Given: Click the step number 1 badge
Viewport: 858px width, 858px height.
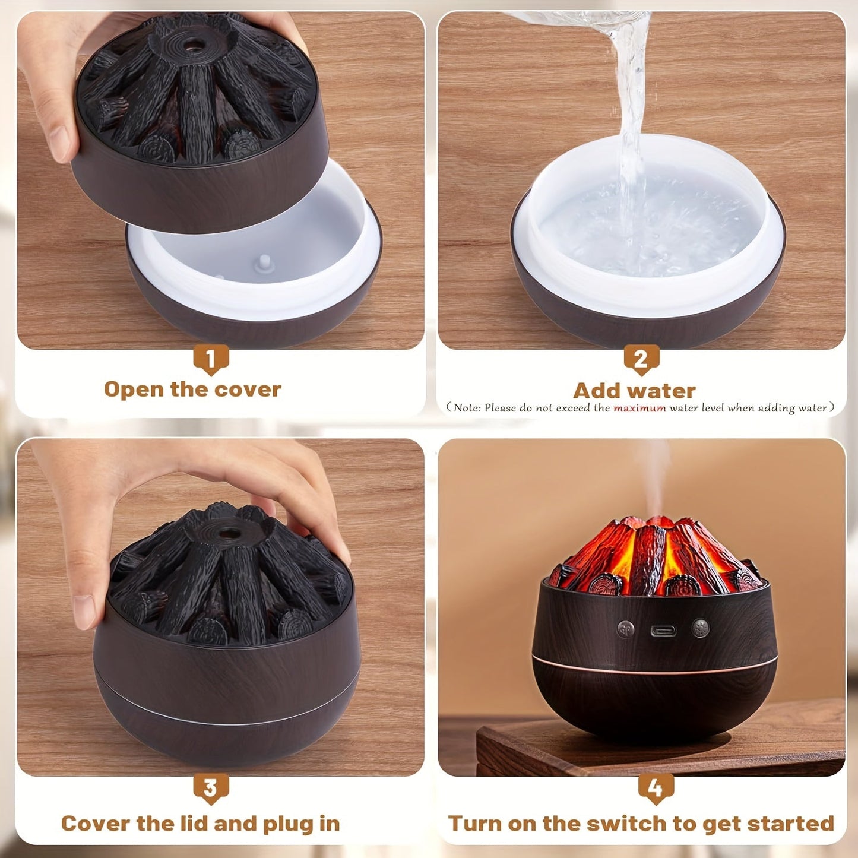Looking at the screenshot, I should (210, 359).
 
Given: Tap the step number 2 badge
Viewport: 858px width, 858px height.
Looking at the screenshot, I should (641, 359).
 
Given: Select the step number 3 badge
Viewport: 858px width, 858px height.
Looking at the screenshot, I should (210, 788).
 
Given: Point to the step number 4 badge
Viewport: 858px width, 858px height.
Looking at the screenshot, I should (656, 788).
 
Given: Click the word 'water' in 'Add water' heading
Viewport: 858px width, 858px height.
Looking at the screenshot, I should (665, 391).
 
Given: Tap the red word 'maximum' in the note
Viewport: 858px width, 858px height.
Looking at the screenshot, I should (639, 408).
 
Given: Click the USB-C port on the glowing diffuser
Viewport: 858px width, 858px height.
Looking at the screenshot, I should (663, 630).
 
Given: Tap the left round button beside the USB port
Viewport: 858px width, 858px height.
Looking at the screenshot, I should (625, 629).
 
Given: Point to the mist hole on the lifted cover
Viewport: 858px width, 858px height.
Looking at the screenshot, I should (192, 43).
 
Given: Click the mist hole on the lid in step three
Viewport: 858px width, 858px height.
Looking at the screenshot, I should (226, 533).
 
